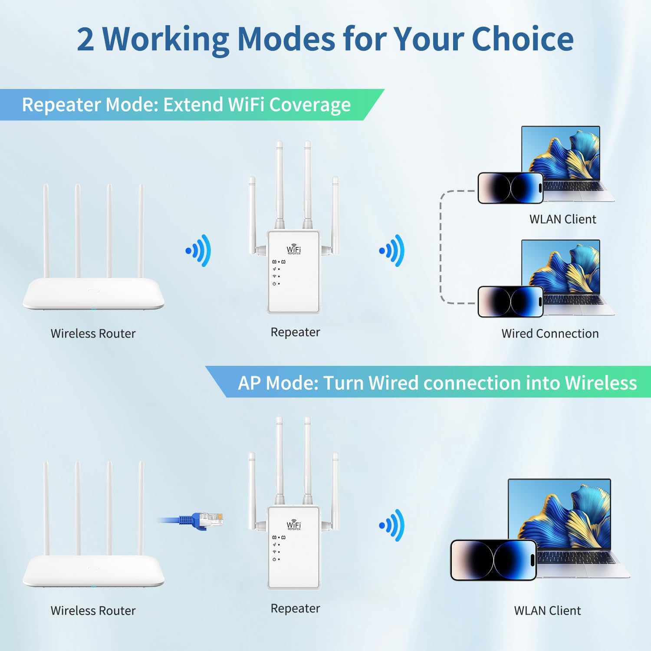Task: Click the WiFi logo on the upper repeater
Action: [294, 249]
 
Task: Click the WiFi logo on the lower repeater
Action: [294, 525]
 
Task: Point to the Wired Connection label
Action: [550, 333]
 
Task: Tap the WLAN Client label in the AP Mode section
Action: [547, 611]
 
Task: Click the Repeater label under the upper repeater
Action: [295, 332]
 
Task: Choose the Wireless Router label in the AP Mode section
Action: [93, 611]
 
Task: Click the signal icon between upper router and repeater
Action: [199, 250]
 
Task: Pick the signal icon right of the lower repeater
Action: [392, 525]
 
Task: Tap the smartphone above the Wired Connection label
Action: [510, 302]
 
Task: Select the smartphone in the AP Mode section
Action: [493, 560]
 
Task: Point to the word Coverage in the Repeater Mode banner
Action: [310, 105]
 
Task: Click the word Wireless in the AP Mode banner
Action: [601, 383]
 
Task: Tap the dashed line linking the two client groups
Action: [441, 247]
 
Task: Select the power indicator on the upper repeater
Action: [274, 284]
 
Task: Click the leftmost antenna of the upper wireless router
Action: [46, 230]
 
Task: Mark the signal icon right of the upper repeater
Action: [392, 250]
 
